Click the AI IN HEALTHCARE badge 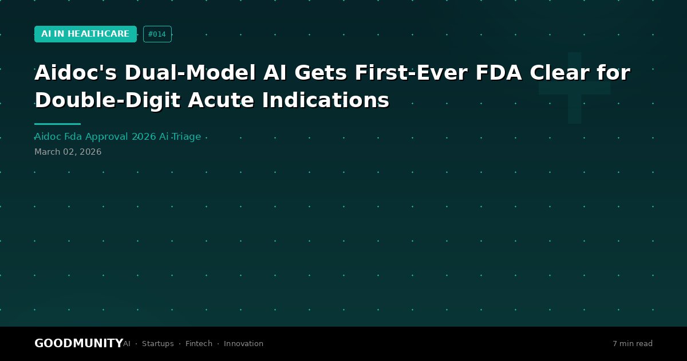pos(85,34)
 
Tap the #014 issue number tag pos(157,34)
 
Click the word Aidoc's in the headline pos(76,73)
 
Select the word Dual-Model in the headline pos(190,73)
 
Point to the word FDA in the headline pos(499,73)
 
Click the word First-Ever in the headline pos(411,73)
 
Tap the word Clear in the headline pos(559,73)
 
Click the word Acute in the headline pos(221,100)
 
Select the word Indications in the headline pos(326,100)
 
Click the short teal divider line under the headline pos(57,124)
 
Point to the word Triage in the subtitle pos(186,136)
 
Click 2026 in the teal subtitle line pos(144,136)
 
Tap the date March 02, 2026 pos(68,152)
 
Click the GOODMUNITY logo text pos(79,343)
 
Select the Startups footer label pos(157,343)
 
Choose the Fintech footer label pos(199,343)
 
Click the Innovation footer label pos(243,343)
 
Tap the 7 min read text pos(633,343)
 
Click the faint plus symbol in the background pos(574,88)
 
